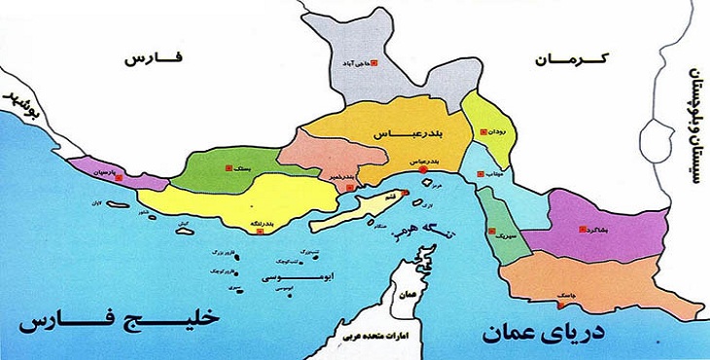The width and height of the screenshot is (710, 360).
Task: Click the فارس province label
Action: (x=154, y=59)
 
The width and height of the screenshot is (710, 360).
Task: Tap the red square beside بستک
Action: (x=229, y=167)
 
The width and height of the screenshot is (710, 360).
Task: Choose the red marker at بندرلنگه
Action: (x=289, y=223)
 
